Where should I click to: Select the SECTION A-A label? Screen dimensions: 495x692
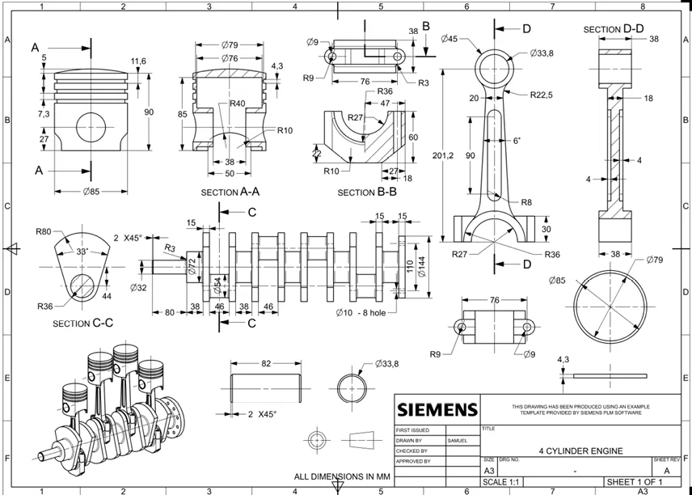(230, 192)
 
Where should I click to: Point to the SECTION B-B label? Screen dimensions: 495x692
(367, 192)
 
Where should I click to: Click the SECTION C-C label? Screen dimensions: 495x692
(82, 323)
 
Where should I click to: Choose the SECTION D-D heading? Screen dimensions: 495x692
(614, 30)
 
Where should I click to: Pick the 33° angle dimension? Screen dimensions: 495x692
(82, 252)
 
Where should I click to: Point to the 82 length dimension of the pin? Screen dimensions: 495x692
(266, 364)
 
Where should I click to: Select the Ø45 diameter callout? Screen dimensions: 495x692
(449, 38)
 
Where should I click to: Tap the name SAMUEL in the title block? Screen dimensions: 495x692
(458, 440)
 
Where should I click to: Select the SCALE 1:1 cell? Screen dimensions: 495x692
(502, 483)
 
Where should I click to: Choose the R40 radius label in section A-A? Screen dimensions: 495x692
(238, 104)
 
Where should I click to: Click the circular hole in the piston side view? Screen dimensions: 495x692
(91, 128)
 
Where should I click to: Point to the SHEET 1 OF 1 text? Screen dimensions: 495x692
(635, 482)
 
